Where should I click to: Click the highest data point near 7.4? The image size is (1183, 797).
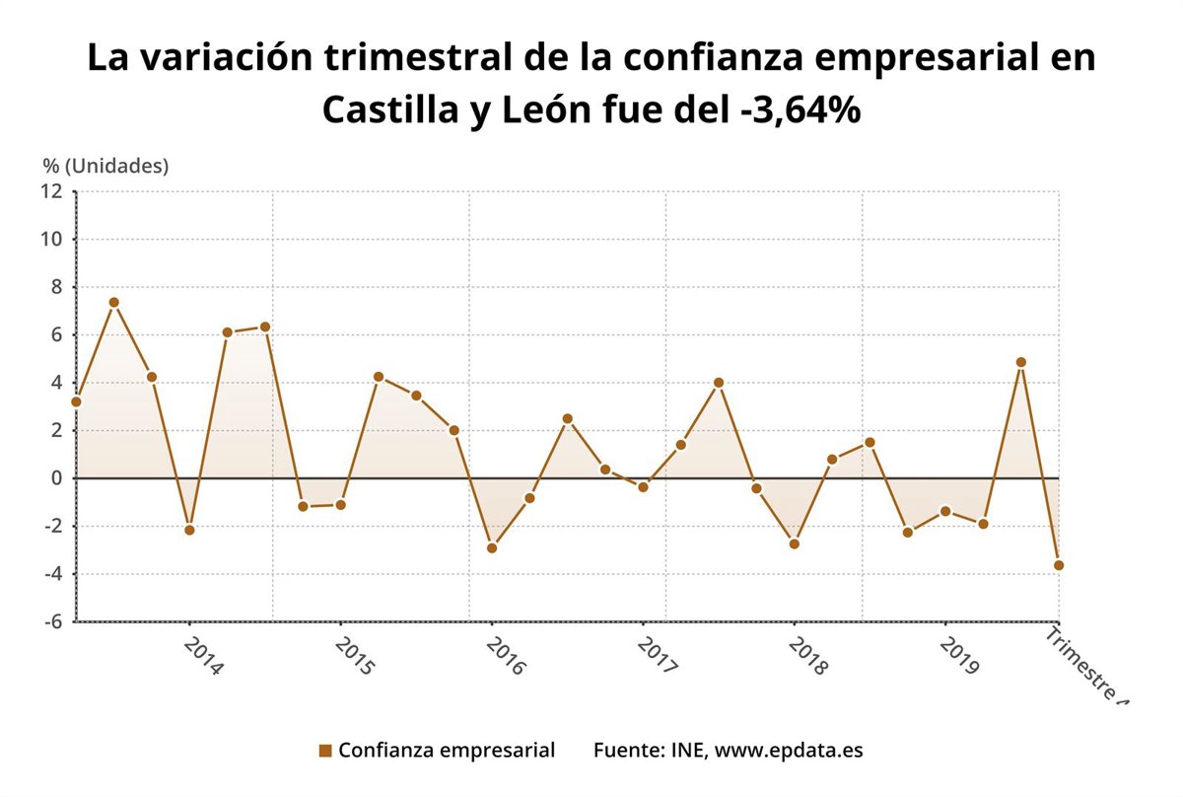[x=114, y=303]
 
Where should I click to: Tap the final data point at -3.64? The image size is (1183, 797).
[x=1059, y=565]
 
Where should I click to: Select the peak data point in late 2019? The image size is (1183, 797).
[x=1021, y=362]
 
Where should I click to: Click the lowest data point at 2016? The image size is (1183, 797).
[x=492, y=547]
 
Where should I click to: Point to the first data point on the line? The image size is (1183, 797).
[x=76, y=401]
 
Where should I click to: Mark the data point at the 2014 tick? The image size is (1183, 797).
[x=189, y=530]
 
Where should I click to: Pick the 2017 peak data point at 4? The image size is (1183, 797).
[x=719, y=383]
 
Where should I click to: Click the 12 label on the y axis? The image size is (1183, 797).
[x=51, y=190]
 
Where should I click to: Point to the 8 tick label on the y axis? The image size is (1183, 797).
[x=57, y=287]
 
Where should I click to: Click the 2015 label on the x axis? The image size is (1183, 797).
[x=354, y=656]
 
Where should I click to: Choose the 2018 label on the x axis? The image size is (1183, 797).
[x=808, y=656]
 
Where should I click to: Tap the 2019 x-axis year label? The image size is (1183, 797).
[x=959, y=656]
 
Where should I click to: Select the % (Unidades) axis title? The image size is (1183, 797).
[x=105, y=166]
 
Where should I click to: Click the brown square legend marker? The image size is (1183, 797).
[x=325, y=751]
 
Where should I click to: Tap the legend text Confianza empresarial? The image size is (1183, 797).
[x=446, y=750]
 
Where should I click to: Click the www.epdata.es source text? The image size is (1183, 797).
[x=789, y=750]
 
